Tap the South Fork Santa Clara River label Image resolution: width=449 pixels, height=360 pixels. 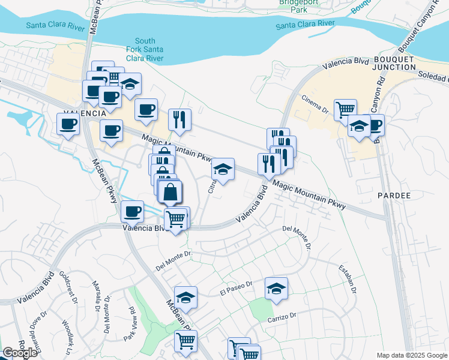(145, 49)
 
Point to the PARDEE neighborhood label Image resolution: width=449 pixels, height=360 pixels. (394, 196)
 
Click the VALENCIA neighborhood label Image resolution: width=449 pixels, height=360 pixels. (85, 113)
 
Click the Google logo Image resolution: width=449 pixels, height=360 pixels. (19, 353)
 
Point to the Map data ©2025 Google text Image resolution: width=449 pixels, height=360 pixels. (412, 355)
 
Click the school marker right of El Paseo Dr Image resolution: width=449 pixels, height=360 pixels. (276, 289)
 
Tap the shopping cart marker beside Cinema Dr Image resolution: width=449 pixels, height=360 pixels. (345, 109)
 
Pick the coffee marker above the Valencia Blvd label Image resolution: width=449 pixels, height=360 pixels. (132, 211)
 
